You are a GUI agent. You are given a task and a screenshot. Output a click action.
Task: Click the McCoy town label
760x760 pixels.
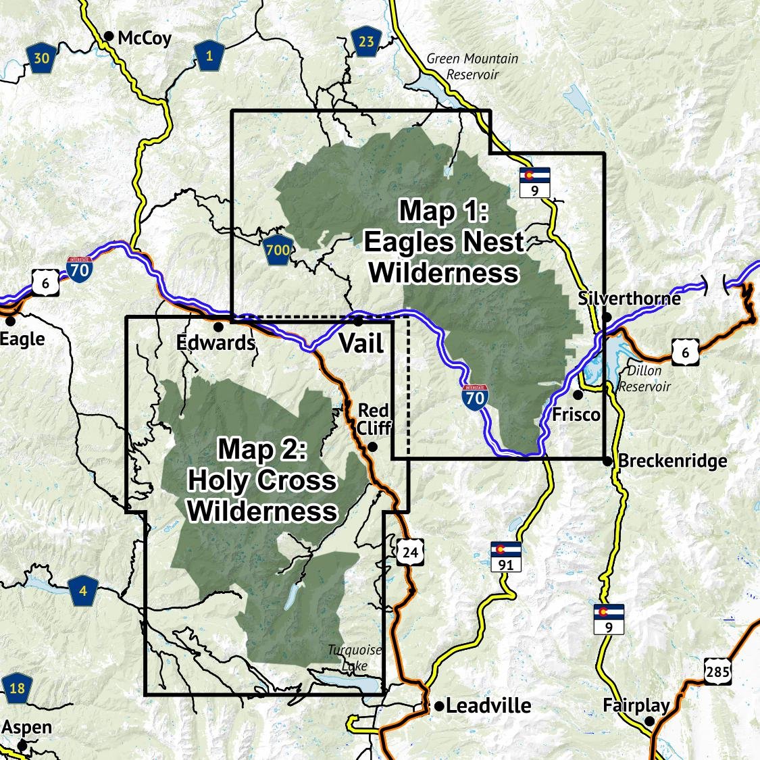pyautogui.click(x=144, y=38)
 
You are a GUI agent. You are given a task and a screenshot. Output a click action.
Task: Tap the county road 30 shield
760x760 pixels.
pyautogui.click(x=41, y=59)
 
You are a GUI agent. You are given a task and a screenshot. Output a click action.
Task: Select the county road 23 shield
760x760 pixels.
pyautogui.click(x=365, y=43)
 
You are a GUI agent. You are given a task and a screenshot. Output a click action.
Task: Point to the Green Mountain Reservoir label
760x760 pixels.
pyautogui.click(x=472, y=66)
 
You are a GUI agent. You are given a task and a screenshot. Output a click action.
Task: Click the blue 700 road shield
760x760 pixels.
pyautogui.click(x=278, y=250)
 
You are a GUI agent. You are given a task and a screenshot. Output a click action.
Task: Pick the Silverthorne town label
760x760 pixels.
pyautogui.click(x=629, y=298)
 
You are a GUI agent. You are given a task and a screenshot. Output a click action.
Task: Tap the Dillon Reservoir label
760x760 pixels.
pyautogui.click(x=644, y=378)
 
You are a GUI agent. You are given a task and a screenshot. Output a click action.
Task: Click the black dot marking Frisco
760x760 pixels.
pyautogui.click(x=578, y=395)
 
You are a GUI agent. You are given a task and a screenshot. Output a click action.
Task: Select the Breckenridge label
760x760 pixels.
pyautogui.click(x=673, y=461)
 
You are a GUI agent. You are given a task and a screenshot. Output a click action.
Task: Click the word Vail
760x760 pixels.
pyautogui.click(x=361, y=343)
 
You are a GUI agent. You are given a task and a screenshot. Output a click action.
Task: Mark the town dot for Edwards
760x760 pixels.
pyautogui.click(x=218, y=326)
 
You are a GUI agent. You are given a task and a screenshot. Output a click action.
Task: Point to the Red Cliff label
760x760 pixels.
pyautogui.click(x=374, y=419)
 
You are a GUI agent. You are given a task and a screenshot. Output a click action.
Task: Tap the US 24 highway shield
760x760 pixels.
pyautogui.click(x=410, y=553)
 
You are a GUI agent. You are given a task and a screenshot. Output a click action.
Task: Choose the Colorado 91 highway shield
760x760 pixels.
pyautogui.click(x=506, y=557)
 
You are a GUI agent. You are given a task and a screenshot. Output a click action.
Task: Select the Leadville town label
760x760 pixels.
pyautogui.click(x=488, y=706)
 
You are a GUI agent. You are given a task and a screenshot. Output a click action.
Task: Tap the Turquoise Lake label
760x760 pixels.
pyautogui.click(x=355, y=657)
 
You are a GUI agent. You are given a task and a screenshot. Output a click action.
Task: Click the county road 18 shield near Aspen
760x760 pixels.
pyautogui.click(x=17, y=688)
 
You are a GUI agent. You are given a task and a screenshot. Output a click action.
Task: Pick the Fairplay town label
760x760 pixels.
pyautogui.click(x=636, y=706)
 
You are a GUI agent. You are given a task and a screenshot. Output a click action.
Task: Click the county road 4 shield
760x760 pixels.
pyautogui.click(x=82, y=592)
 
